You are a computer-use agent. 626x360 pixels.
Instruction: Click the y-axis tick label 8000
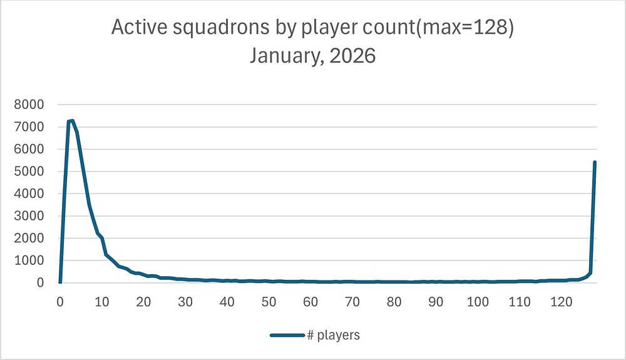[x=29, y=105]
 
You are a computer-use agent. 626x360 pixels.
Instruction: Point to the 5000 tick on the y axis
[x=29, y=172]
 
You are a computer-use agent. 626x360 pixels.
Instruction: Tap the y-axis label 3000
[x=29, y=216]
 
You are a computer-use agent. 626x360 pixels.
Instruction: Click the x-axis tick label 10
[x=102, y=301]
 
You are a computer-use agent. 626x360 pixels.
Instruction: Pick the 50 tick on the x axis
[x=269, y=301]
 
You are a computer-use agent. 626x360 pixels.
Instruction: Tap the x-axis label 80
[x=394, y=301]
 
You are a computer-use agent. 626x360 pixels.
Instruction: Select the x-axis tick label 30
[x=185, y=301]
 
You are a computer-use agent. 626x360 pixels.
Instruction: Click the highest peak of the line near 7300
[x=73, y=120]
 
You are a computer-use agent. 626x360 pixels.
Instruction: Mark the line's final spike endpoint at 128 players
[x=595, y=162]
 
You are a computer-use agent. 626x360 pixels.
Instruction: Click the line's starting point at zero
[x=60, y=282]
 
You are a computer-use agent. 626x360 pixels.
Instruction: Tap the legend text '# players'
[x=333, y=336]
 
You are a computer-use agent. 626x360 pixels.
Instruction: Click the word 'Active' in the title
[x=135, y=28]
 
